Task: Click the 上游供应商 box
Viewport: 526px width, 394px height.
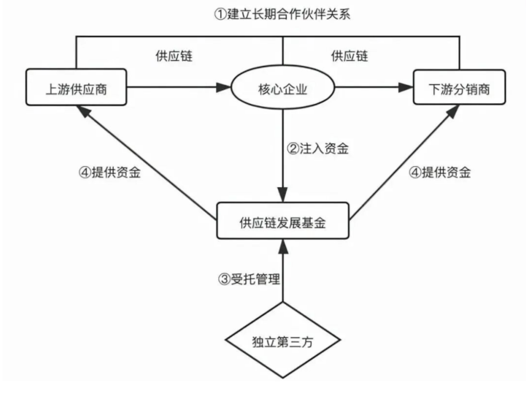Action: click(x=76, y=87)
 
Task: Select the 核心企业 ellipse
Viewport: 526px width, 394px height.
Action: click(x=283, y=88)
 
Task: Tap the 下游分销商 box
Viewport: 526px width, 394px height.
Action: click(x=459, y=87)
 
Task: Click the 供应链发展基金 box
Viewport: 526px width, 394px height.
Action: click(x=283, y=221)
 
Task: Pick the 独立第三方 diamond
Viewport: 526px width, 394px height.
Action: click(x=283, y=340)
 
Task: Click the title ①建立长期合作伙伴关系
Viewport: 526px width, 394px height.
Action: click(x=282, y=14)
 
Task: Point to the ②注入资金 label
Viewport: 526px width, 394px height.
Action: click(x=318, y=148)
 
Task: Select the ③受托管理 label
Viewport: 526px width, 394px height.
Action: click(x=249, y=279)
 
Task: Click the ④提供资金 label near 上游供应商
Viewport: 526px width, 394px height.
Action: click(x=110, y=172)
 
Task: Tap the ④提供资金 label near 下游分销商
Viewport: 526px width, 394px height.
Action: click(x=440, y=172)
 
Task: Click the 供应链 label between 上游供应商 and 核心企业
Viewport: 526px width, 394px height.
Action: click(x=174, y=56)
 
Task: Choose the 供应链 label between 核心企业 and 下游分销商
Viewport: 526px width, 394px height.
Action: click(x=349, y=56)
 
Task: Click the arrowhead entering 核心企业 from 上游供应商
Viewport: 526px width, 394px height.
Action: click(x=224, y=87)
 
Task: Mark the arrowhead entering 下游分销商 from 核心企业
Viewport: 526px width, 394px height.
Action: click(x=406, y=87)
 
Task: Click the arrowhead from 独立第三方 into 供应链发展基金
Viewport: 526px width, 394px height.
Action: click(x=283, y=246)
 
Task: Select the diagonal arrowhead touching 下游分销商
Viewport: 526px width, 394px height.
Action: click(x=452, y=112)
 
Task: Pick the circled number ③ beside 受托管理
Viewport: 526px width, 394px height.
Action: click(x=224, y=279)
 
